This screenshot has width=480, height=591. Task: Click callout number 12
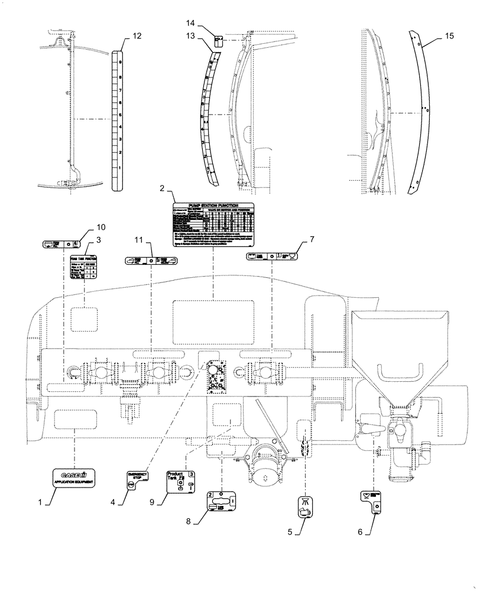[x=137, y=37]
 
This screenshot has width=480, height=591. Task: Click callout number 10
[x=100, y=227]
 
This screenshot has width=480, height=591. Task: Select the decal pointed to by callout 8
[x=222, y=503]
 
